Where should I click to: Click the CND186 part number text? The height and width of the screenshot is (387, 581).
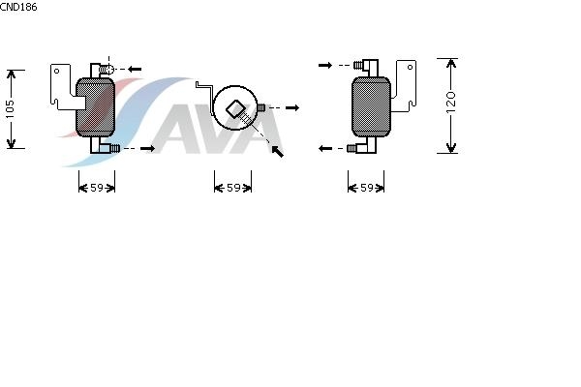coord(18,7)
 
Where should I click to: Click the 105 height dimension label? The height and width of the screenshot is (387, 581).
coord(10,109)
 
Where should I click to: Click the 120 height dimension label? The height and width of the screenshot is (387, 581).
coord(450,103)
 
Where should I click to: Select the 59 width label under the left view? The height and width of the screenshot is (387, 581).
coord(97,188)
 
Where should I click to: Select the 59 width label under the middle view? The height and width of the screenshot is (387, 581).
coord(233,188)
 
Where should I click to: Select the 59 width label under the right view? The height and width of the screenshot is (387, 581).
coord(367,188)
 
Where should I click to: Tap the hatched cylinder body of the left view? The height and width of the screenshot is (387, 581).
coord(95,107)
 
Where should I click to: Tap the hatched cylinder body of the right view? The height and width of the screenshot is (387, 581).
coord(371,106)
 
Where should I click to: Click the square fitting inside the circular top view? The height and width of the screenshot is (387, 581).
coord(235,109)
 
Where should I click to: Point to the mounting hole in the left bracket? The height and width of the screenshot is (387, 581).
coord(57,71)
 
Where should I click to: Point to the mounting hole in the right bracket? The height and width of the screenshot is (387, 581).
coord(410,67)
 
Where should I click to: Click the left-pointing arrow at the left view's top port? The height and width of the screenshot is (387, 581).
coord(135,69)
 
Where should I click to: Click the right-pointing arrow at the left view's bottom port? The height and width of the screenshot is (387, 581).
coord(148,148)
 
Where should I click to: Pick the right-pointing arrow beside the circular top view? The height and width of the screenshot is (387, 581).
coord(292,107)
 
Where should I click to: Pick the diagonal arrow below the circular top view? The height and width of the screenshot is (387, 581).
coord(278,152)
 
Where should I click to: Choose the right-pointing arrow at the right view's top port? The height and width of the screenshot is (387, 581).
coord(325,66)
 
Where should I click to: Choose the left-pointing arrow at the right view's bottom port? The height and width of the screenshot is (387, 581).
coord(325,148)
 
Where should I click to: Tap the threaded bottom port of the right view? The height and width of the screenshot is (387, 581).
coord(352,148)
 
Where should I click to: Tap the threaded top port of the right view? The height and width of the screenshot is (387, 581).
coord(358,66)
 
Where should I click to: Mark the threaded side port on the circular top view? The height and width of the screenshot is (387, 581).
coord(261,107)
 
